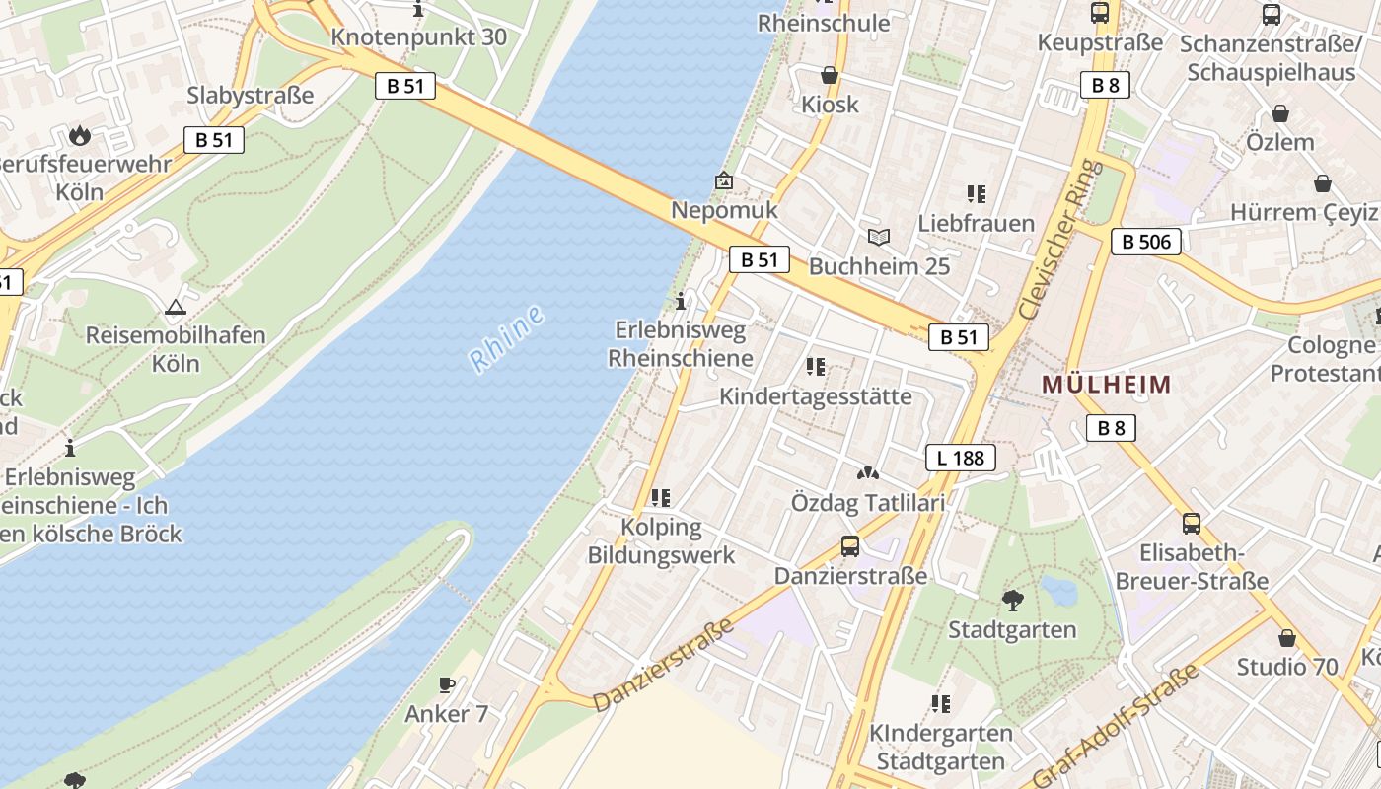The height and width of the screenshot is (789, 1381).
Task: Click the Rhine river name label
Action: (x=507, y=340)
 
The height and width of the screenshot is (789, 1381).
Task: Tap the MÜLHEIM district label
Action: (x=1107, y=385)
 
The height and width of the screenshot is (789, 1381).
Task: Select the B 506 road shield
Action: (x=1146, y=241)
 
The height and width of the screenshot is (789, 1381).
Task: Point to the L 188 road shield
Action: (x=961, y=458)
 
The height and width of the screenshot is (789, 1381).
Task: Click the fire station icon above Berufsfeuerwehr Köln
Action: (x=80, y=135)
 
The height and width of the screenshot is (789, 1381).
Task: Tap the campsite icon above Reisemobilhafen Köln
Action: (x=176, y=307)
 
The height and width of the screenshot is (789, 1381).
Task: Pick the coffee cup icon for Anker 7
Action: (x=447, y=684)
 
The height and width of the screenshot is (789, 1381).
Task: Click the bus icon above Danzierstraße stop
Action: (x=850, y=545)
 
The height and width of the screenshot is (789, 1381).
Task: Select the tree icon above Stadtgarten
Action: (x=1012, y=600)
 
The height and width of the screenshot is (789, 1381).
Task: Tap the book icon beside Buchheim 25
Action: (x=879, y=237)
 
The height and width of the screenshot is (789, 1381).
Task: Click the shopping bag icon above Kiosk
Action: (x=830, y=75)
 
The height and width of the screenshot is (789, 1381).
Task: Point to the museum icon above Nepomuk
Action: (x=724, y=180)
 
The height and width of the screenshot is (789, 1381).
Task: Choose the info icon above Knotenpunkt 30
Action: (x=419, y=10)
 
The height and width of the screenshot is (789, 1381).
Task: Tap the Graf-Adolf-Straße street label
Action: (x=1118, y=725)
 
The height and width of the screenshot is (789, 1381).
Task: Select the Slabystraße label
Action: (x=251, y=96)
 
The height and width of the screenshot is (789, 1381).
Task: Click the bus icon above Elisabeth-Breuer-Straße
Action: (x=1192, y=523)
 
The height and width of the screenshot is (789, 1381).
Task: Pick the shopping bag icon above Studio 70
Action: (x=1287, y=638)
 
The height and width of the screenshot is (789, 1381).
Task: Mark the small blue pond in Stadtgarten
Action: (x=1058, y=590)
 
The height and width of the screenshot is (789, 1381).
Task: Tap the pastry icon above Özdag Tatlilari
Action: (x=868, y=473)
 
